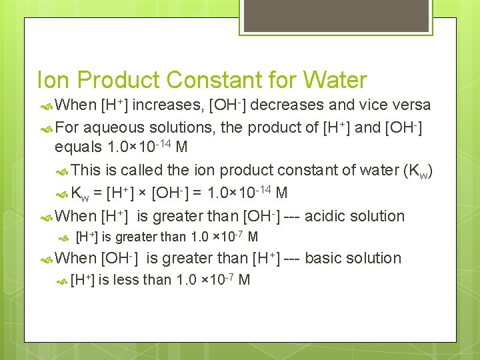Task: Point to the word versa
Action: pos(411,105)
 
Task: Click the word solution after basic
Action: pos(377,258)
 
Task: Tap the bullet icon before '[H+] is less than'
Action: pos(63,280)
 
